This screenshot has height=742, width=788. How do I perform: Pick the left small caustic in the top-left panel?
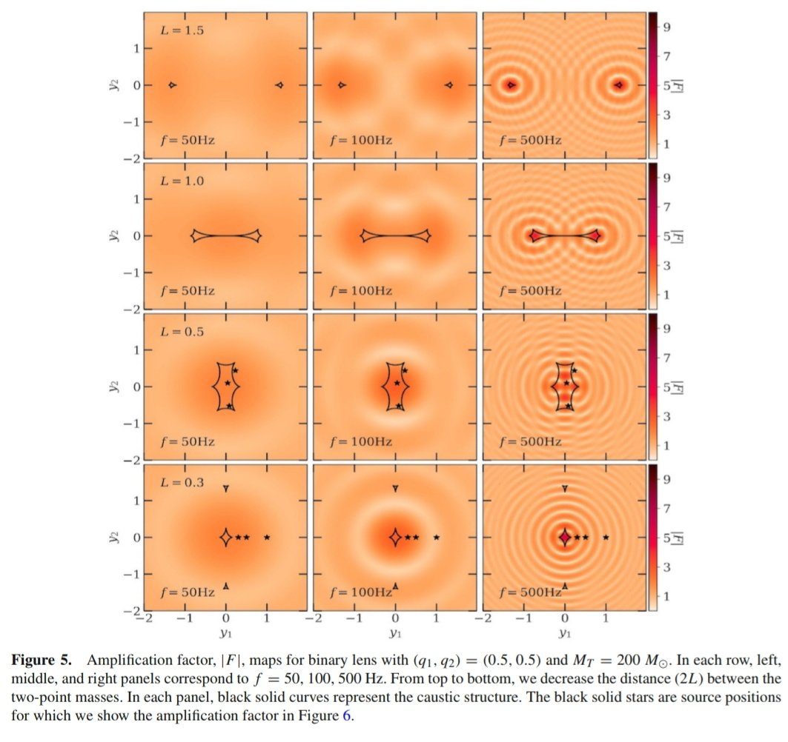(172, 86)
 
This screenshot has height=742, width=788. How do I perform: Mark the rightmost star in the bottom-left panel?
(267, 537)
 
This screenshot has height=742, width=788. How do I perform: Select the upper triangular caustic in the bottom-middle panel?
(395, 488)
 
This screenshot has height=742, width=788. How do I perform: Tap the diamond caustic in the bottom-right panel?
(565, 537)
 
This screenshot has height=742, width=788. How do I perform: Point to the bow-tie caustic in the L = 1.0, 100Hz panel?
(395, 236)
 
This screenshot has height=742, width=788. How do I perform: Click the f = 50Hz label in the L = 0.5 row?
(188, 441)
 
